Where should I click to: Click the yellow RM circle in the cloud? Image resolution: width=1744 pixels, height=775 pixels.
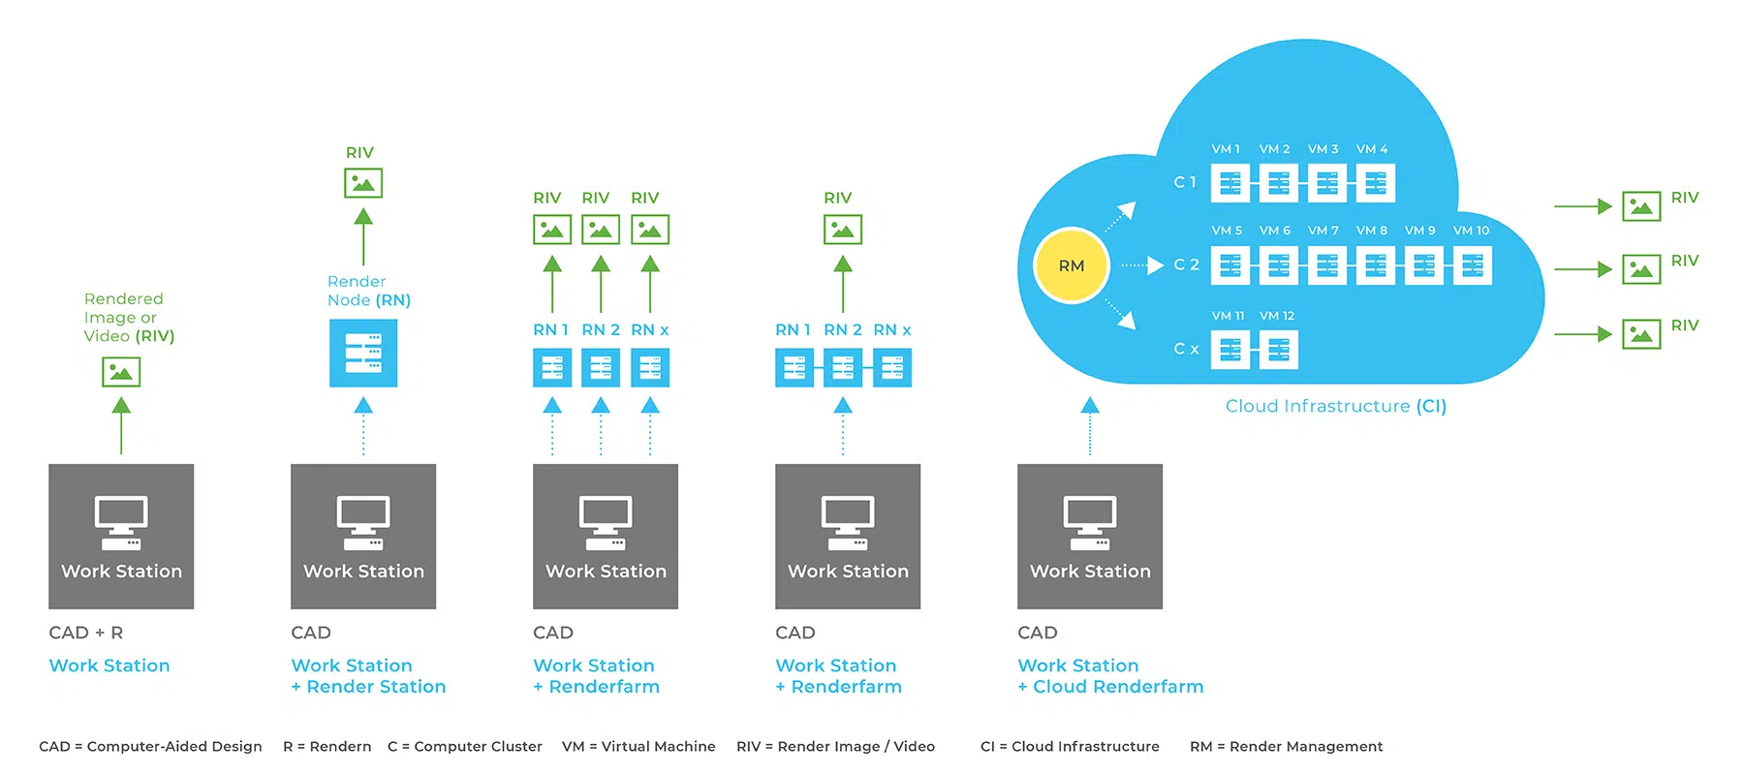(1071, 265)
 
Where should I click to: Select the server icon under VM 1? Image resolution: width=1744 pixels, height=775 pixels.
(1230, 183)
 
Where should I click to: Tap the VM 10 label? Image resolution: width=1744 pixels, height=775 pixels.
(1471, 231)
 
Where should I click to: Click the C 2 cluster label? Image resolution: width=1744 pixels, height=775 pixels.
(1186, 264)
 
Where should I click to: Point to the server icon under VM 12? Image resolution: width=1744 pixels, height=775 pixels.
(1278, 350)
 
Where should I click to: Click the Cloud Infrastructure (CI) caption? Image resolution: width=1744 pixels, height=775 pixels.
(1335, 406)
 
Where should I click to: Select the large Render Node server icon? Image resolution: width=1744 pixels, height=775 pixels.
(363, 354)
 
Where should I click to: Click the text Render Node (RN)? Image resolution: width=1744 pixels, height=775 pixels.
(368, 291)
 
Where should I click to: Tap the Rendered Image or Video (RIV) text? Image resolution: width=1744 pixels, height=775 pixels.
(129, 318)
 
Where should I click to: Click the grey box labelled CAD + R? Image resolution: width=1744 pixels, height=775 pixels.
(121, 536)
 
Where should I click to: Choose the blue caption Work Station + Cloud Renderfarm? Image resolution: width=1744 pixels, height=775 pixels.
(1109, 676)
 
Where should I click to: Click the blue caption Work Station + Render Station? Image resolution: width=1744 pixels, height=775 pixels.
(368, 676)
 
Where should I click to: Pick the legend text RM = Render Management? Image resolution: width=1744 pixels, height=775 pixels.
(1286, 746)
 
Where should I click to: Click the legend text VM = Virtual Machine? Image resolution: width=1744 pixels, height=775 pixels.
(638, 746)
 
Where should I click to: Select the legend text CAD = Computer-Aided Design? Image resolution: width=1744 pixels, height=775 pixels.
(150, 746)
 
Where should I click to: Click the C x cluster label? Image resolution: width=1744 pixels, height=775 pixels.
(1186, 349)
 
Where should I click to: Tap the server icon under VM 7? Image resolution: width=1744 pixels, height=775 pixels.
(1326, 265)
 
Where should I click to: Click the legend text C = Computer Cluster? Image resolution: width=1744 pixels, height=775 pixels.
(465, 746)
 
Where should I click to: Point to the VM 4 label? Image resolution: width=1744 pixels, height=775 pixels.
(1372, 149)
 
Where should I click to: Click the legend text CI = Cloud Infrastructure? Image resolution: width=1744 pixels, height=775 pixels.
(1070, 746)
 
